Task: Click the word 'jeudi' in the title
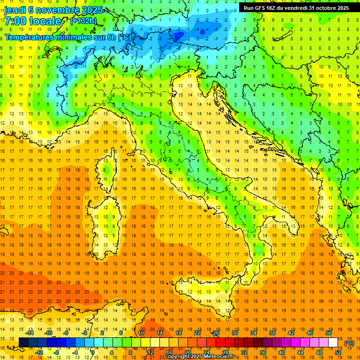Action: [15, 10]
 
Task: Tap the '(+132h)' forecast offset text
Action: [83, 21]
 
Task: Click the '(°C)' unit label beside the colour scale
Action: [349, 343]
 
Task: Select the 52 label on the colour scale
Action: [338, 352]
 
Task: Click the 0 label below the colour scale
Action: [93, 352]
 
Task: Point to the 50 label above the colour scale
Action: [329, 333]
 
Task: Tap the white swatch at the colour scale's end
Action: [333, 343]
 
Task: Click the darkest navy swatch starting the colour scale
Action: [23, 343]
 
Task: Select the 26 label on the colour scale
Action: [216, 333]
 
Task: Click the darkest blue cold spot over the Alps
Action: [202, 31]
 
